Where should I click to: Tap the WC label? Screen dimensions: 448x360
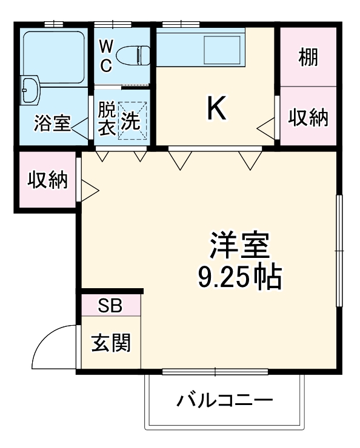pyautogui.click(x=106, y=56)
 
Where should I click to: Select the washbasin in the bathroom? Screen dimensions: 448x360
pyautogui.click(x=29, y=90)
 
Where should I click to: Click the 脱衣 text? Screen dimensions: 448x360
pyautogui.click(x=106, y=119)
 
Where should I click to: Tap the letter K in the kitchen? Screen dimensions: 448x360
pyautogui.click(x=217, y=109)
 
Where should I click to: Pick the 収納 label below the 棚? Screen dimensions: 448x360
pyautogui.click(x=308, y=117)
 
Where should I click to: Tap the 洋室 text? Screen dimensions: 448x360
pyautogui.click(x=239, y=246)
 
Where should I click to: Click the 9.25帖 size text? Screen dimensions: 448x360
pyautogui.click(x=239, y=277)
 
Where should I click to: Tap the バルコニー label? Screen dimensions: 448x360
pyautogui.click(x=225, y=400)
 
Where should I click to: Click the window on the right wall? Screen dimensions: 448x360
pyautogui.click(x=340, y=249)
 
